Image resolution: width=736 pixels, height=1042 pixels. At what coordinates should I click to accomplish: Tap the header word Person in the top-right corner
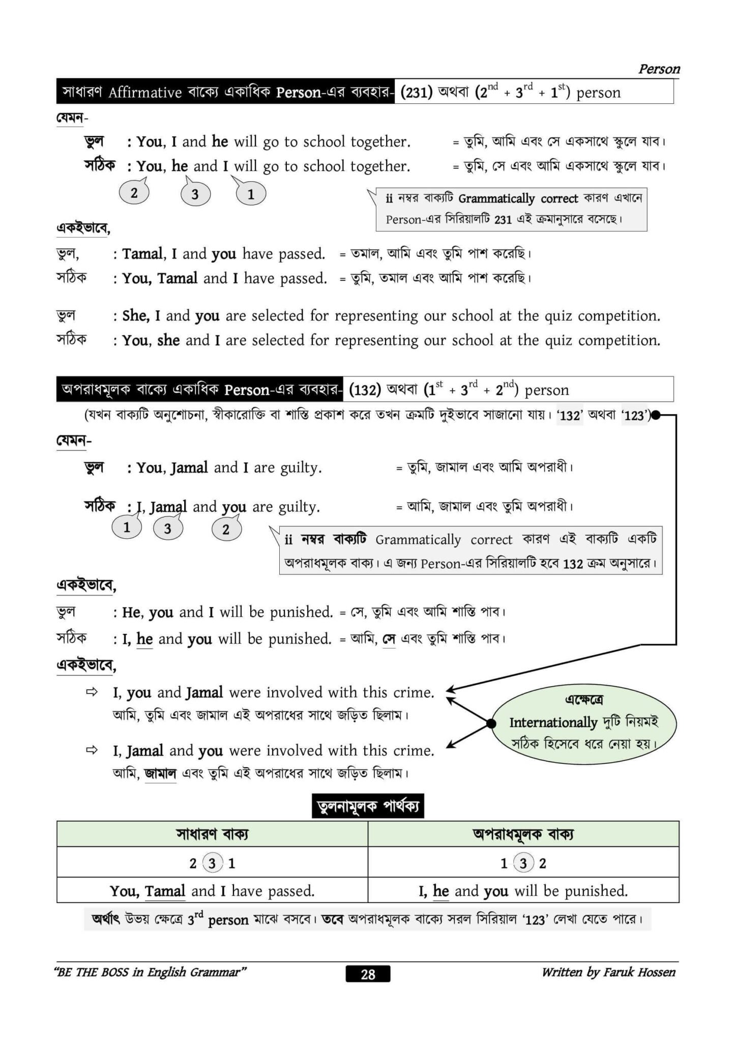659,69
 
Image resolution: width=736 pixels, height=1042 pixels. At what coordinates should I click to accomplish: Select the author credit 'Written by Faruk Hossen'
608,972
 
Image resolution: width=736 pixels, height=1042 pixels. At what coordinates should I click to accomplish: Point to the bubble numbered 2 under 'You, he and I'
134,193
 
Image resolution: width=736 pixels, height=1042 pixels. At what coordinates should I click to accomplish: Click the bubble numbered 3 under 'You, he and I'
195,194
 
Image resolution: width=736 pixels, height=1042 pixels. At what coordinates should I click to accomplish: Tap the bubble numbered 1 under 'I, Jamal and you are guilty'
127,527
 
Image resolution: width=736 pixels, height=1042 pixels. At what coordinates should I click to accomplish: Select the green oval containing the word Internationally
583,722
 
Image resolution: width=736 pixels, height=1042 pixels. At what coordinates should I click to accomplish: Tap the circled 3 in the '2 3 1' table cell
212,863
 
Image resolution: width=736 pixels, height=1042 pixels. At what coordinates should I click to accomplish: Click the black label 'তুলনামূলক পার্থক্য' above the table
367,806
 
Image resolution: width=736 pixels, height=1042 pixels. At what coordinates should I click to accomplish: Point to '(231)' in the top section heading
416,93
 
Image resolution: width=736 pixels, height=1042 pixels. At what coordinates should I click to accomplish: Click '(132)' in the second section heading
365,390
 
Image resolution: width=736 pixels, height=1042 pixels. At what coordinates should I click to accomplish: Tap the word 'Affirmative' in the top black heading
145,93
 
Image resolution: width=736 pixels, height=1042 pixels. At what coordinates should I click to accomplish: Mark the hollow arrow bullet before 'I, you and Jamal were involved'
92,692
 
